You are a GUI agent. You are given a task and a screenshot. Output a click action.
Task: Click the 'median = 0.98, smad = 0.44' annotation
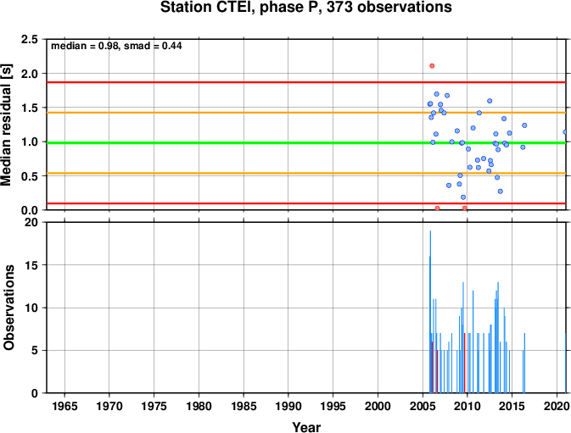[116, 46]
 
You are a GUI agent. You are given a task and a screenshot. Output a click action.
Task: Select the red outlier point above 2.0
[432, 66]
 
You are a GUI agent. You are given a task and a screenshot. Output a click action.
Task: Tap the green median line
[306, 143]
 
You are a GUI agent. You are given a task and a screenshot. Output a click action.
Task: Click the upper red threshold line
[306, 82]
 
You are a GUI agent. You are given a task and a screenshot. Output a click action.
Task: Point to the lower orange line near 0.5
[306, 173]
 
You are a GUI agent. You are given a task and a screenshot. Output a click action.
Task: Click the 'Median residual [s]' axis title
[6, 125]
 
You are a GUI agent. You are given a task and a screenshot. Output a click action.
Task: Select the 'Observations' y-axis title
[8, 308]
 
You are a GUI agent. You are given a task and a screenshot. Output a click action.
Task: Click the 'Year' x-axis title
[306, 427]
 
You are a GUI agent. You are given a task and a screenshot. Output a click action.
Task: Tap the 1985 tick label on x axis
[244, 406]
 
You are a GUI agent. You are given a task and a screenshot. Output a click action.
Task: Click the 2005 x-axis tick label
[423, 406]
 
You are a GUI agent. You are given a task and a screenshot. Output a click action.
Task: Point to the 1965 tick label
[64, 406]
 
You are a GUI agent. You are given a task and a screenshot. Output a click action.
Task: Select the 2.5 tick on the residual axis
[30, 39]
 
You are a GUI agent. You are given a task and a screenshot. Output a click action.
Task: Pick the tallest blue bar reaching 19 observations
[430, 312]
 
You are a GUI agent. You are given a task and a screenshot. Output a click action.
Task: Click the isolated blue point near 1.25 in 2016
[524, 125]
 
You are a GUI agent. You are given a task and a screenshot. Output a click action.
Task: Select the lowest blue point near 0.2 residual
[463, 197]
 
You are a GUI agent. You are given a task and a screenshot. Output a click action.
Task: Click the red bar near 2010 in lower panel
[465, 363]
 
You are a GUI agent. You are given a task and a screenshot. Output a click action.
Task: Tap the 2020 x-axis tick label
[557, 406]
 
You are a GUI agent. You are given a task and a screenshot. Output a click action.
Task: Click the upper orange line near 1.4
[306, 113]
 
